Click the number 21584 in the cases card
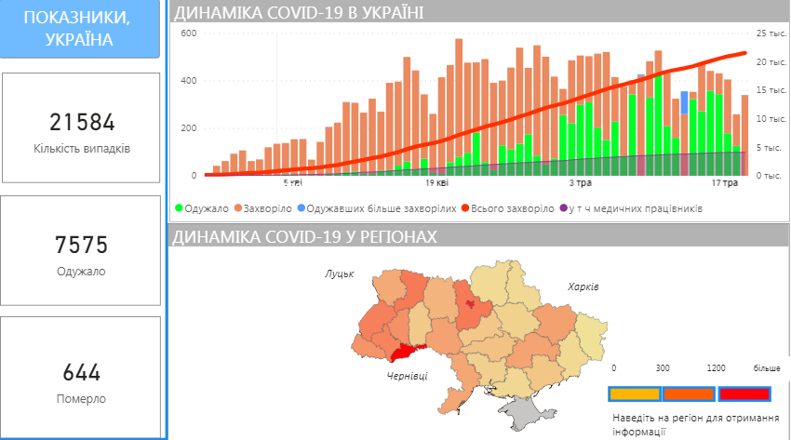click(82, 123)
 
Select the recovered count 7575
click(82, 247)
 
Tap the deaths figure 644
click(82, 373)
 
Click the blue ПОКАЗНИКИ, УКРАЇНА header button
click(82, 30)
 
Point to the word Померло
click(82, 398)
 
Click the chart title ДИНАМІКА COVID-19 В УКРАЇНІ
click(298, 12)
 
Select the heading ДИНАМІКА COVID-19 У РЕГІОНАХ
click(304, 237)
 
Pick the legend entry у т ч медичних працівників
click(636, 208)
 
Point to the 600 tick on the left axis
click(188, 33)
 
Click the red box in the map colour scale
click(744, 393)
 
